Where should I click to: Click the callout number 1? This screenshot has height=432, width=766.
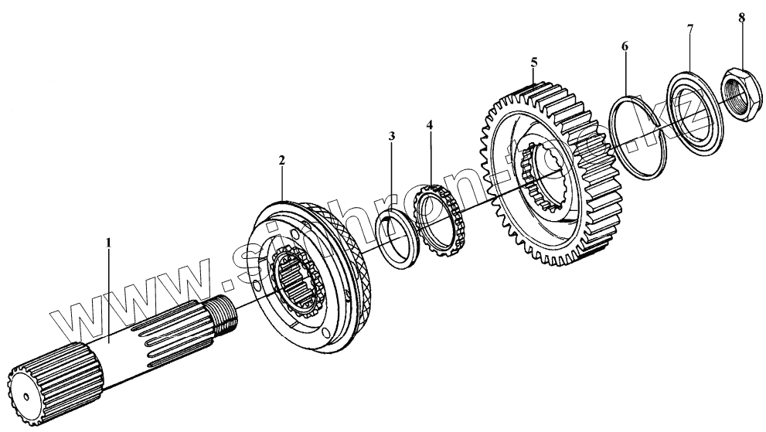109,242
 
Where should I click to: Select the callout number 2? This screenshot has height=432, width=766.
282,160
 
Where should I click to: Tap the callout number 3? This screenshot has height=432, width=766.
392,137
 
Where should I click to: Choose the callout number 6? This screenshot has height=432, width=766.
625,46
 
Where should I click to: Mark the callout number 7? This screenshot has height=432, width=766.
690,29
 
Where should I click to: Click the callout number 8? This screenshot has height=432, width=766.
741,17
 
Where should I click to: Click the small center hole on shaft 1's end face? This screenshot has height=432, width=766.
26,398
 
